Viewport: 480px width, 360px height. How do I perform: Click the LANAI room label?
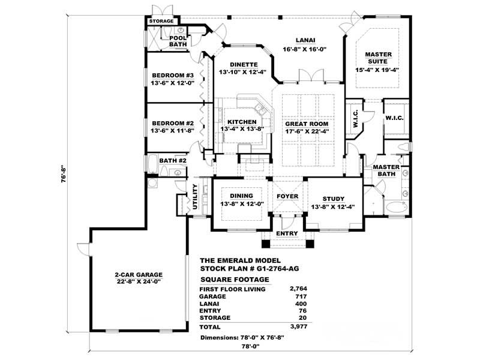[x=304, y=40]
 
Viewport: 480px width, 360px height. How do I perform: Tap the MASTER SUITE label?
[x=379, y=58]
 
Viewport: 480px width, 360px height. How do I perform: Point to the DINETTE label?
[x=243, y=64]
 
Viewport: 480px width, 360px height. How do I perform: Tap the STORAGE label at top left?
[x=162, y=22]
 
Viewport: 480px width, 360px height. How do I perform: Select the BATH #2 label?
[x=173, y=161]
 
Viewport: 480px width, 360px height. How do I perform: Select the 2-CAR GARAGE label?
[x=139, y=275]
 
